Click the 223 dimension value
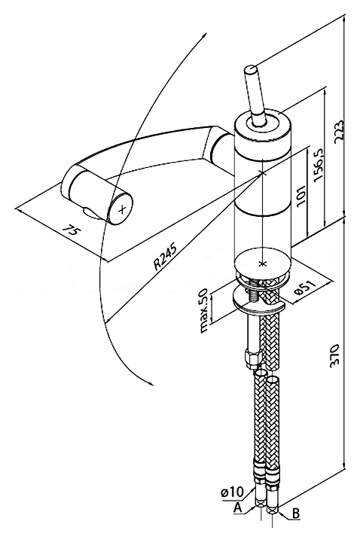(339, 130)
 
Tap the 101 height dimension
(301, 195)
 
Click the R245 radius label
(165, 257)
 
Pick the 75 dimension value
(71, 231)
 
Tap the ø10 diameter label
(233, 491)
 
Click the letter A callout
(237, 507)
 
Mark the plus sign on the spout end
(122, 209)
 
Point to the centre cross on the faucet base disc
(263, 264)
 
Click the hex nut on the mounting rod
(251, 358)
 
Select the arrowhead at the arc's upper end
(206, 35)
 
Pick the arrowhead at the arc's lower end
(151, 384)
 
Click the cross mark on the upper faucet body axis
(263, 172)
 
